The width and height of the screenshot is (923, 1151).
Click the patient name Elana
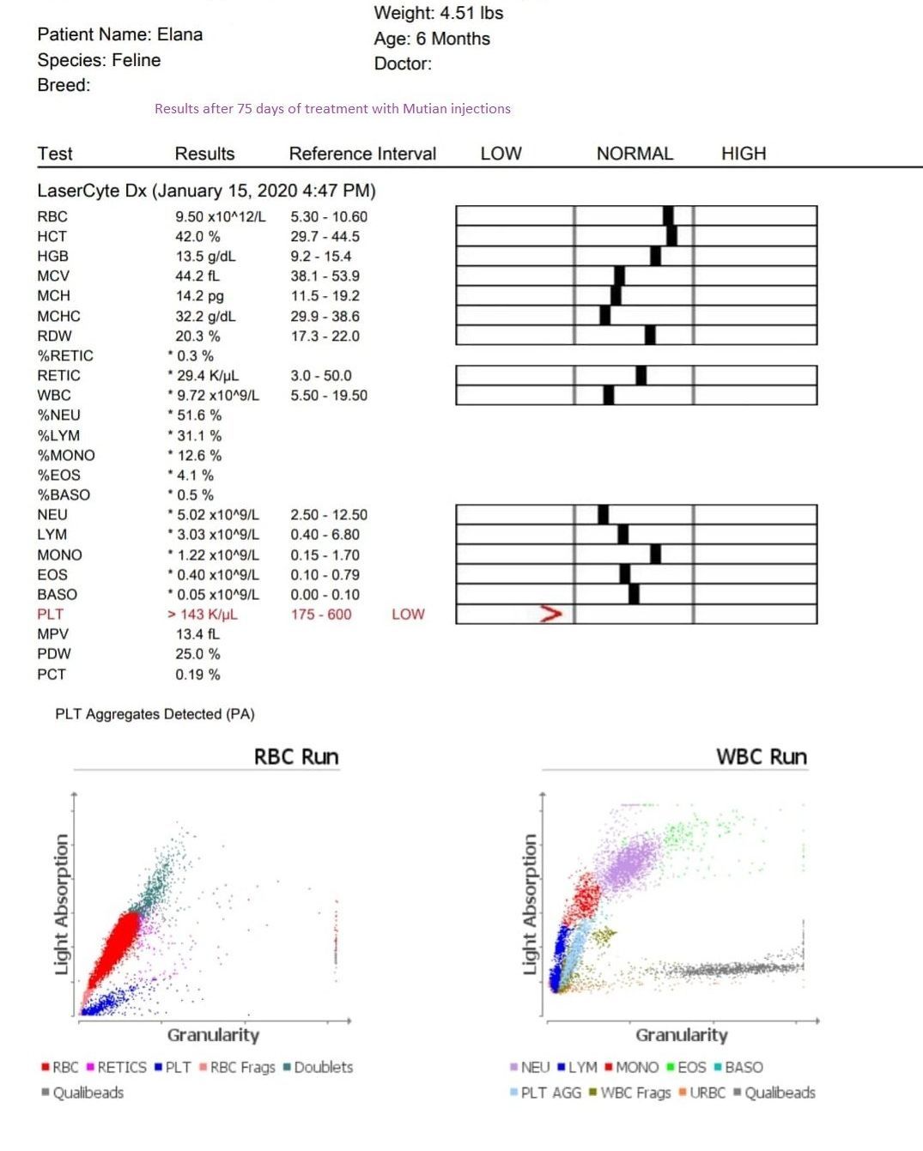point(179,34)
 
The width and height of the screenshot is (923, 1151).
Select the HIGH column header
point(743,154)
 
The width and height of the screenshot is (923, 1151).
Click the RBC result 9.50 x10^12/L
point(221,216)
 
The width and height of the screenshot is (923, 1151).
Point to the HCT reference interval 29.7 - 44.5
point(325,236)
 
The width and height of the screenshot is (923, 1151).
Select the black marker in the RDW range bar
point(650,335)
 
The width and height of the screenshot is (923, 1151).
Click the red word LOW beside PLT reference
point(408,615)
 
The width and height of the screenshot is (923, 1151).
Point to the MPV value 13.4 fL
point(197,634)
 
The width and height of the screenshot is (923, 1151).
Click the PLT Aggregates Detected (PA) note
point(155,714)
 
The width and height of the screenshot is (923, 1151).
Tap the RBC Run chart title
point(296,757)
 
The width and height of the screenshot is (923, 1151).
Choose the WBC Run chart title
point(762,757)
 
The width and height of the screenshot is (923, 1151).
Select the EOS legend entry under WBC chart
point(686,1068)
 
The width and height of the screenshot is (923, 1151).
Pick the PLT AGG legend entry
point(545,1093)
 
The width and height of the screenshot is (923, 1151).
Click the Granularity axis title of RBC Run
point(213,1035)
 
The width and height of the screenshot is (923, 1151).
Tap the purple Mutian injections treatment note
point(332,109)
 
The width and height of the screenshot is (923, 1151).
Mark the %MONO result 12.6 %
point(199,455)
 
